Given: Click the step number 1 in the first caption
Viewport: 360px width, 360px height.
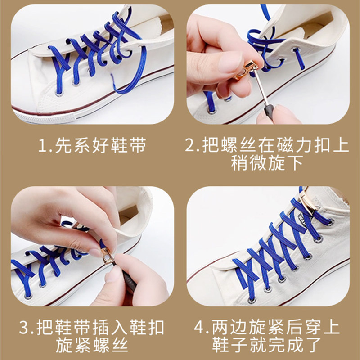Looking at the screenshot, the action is pos(42,145).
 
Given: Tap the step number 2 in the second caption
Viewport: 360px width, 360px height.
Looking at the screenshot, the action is pos(189,145).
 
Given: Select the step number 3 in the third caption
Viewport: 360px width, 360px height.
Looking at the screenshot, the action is pos(24,327).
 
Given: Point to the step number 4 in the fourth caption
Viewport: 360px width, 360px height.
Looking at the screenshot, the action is pos(199,327).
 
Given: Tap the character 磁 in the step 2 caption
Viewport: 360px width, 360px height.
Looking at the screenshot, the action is pos(285,145).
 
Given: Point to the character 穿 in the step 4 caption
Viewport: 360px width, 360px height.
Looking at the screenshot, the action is pos(312,327).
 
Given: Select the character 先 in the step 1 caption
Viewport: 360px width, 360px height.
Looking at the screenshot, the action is pos(63,145).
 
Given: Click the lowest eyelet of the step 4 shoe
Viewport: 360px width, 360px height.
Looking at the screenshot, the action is pos(252,299).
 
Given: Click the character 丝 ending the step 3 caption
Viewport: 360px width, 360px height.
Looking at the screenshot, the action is pos(120,345).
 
